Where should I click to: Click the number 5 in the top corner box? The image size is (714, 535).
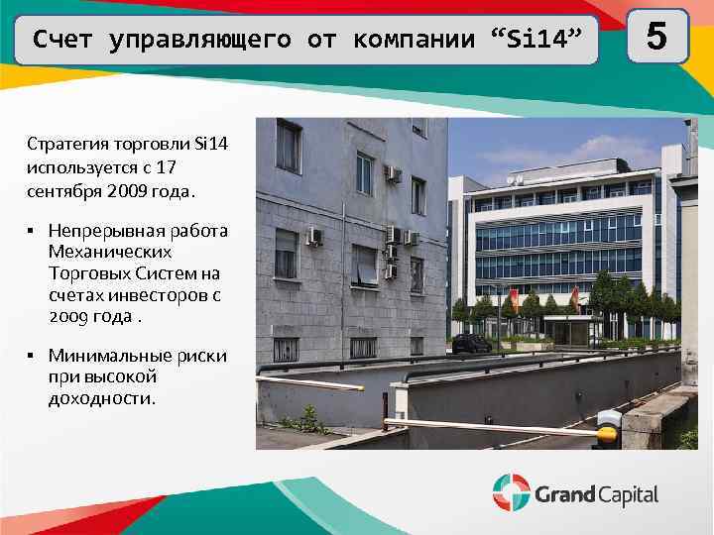pos(654,38)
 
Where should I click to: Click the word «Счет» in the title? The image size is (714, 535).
pos(62,40)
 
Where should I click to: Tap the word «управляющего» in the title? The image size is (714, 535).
pos(200,40)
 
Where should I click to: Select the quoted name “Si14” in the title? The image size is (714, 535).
pos(539,40)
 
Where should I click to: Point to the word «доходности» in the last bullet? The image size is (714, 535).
pos(101,398)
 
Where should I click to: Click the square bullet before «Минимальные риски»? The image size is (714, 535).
pos(32,356)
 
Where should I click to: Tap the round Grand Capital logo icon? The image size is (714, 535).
pos(511,492)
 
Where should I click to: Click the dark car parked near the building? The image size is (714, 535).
pos(472,343)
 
